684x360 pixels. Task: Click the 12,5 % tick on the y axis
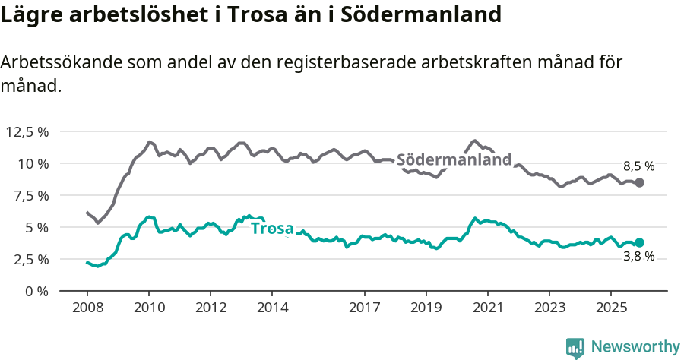coord(27,131)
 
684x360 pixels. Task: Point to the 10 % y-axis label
coord(33,163)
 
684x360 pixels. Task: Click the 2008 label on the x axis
coord(87,308)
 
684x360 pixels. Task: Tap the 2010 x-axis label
coord(149,308)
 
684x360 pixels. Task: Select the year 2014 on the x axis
coord(272,308)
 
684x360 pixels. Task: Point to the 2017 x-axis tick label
coord(364,308)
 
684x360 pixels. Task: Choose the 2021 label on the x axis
coord(487,308)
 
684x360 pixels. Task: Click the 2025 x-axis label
coord(610,308)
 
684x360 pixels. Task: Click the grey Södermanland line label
coord(454,160)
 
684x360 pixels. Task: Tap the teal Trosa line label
coord(272,228)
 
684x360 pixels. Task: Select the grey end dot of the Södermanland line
coord(639,182)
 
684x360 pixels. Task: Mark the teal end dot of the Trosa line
coord(639,242)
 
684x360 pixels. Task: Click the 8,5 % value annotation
coord(639,166)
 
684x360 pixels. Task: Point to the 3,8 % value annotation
coord(639,257)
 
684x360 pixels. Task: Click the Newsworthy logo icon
coord(575,348)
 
